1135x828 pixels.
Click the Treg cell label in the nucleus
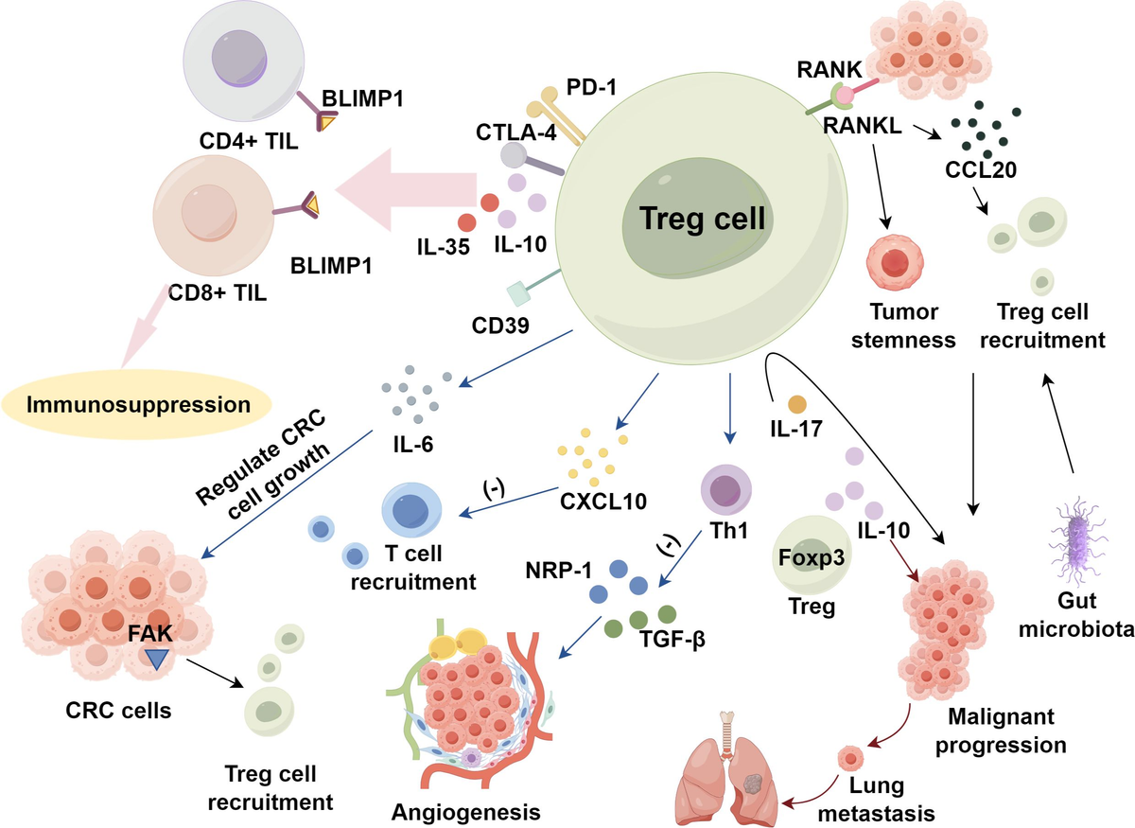702,219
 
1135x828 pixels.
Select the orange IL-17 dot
796,404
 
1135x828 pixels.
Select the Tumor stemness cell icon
894,262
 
